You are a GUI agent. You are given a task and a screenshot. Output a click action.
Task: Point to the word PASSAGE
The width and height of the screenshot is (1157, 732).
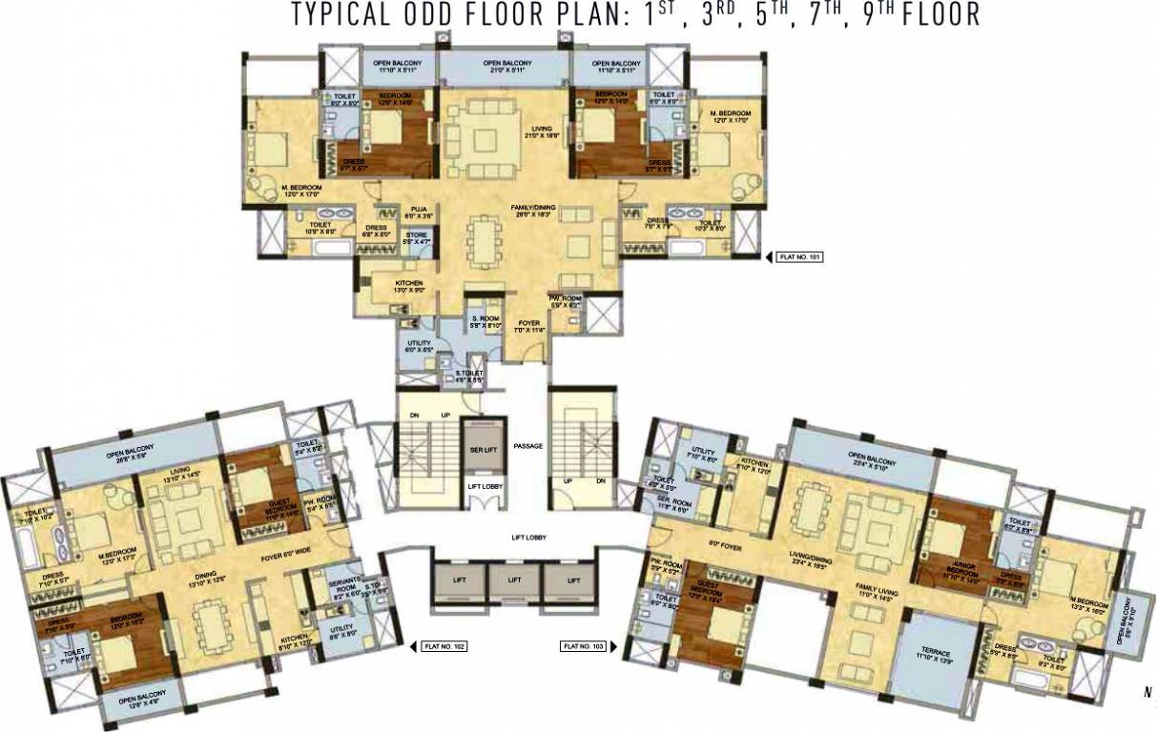(527, 445)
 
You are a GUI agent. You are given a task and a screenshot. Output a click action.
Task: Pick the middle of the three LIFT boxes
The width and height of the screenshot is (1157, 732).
(514, 579)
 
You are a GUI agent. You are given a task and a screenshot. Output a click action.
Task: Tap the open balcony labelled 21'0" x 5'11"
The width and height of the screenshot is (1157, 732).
(506, 66)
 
